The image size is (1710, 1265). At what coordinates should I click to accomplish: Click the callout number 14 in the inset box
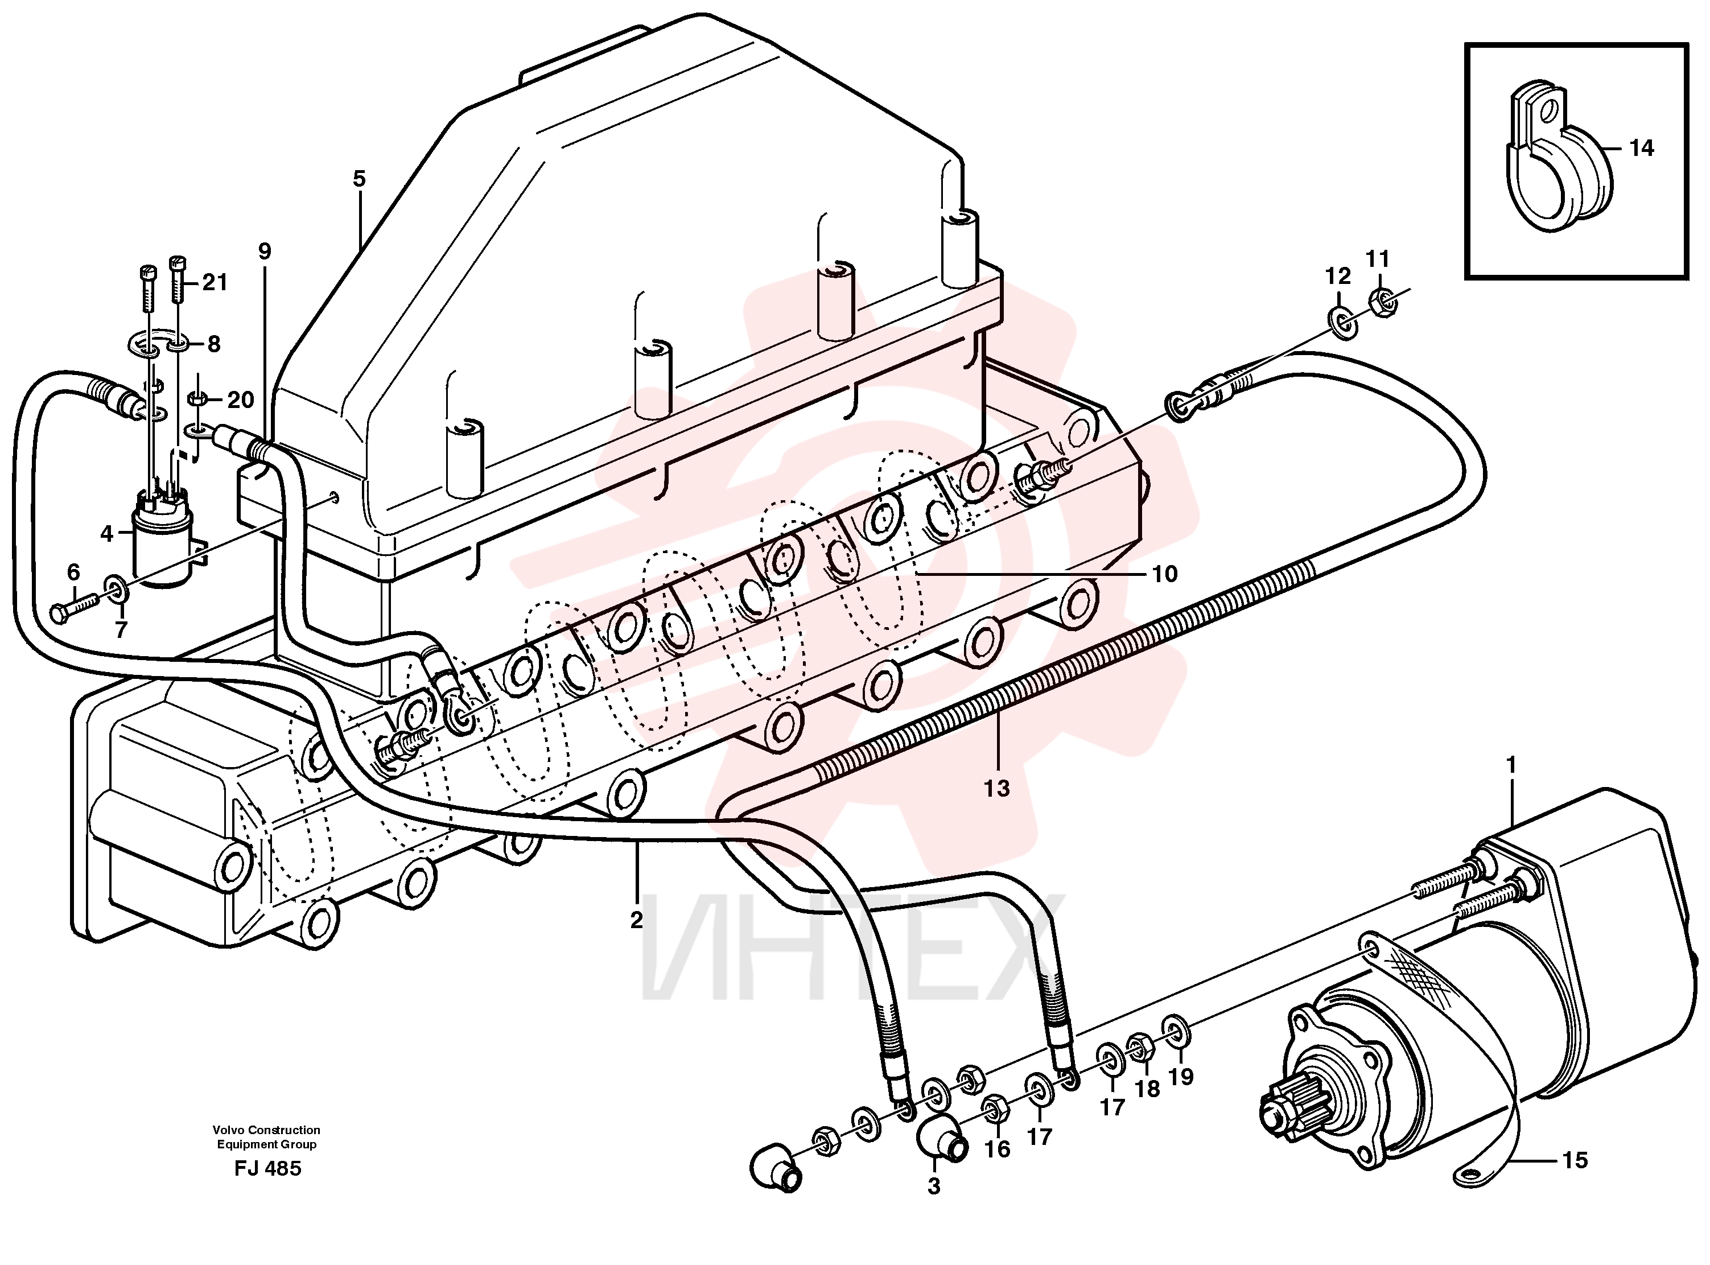[x=1641, y=148]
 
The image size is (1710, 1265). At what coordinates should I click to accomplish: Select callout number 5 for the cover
[x=359, y=179]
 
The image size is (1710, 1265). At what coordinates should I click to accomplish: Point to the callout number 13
[x=996, y=788]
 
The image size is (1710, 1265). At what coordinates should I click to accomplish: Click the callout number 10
[x=1165, y=574]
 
